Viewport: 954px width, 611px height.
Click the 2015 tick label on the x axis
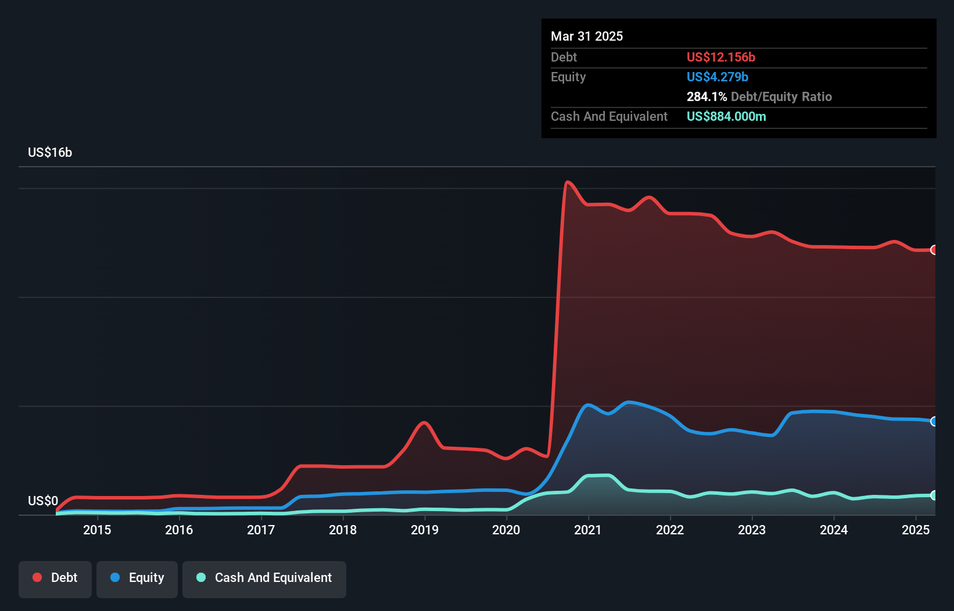tap(97, 530)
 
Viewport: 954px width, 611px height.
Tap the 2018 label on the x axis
tap(343, 530)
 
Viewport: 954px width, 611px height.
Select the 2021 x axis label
tap(588, 530)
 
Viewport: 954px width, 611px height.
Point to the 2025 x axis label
tap(916, 530)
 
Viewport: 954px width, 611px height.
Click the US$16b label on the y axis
tap(50, 152)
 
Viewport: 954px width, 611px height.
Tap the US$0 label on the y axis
tap(43, 501)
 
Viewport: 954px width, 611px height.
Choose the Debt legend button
tap(55, 577)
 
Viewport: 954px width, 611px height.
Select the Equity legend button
tap(137, 577)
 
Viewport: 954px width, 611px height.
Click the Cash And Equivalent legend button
tap(264, 577)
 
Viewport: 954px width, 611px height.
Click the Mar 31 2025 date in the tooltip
tap(587, 36)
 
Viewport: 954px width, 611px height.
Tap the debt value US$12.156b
tap(720, 57)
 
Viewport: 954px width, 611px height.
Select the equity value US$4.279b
tap(717, 77)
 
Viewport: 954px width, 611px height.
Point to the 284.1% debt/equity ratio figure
tap(706, 96)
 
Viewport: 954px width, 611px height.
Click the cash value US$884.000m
tap(726, 116)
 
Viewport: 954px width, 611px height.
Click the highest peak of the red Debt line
tap(568, 182)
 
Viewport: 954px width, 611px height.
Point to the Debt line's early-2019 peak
tap(424, 422)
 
